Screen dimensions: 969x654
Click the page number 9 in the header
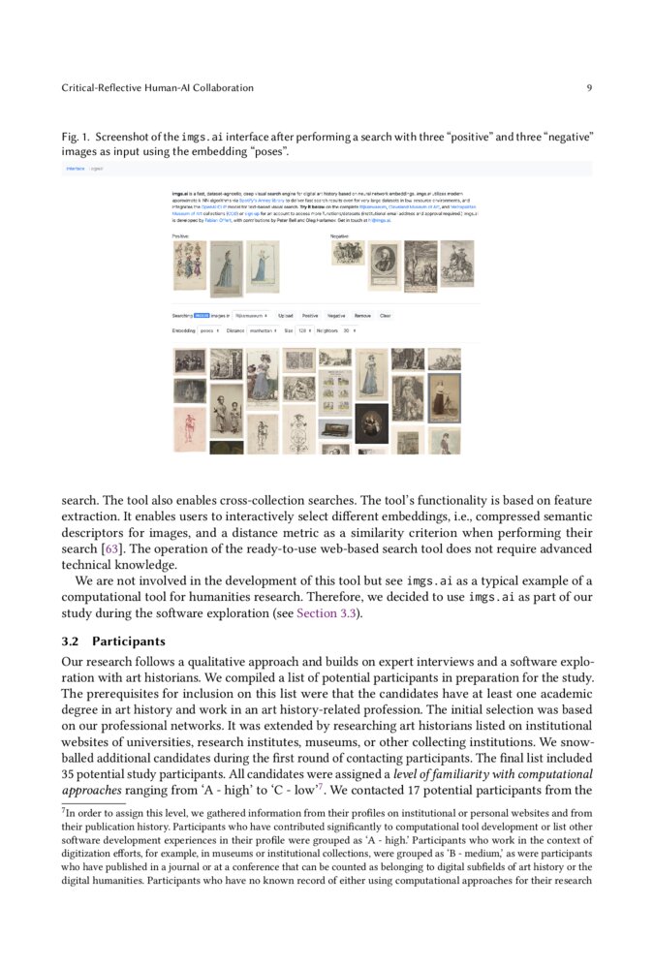click(x=589, y=88)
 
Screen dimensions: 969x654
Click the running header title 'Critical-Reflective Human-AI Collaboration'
click(x=157, y=88)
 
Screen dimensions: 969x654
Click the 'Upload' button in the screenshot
click(x=286, y=316)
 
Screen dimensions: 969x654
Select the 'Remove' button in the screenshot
click(x=361, y=316)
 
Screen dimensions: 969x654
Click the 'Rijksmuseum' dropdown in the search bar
click(x=252, y=316)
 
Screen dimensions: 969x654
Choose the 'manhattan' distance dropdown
click(x=263, y=331)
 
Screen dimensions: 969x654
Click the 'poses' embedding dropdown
click(x=209, y=331)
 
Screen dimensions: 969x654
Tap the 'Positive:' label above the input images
click(x=181, y=235)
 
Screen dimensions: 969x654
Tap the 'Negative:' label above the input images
click(x=340, y=235)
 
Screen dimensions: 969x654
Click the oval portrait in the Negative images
click(x=383, y=265)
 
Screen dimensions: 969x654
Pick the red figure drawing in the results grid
click(x=190, y=428)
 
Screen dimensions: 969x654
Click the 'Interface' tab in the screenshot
click(x=75, y=169)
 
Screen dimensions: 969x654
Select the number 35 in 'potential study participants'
click(x=70, y=774)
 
